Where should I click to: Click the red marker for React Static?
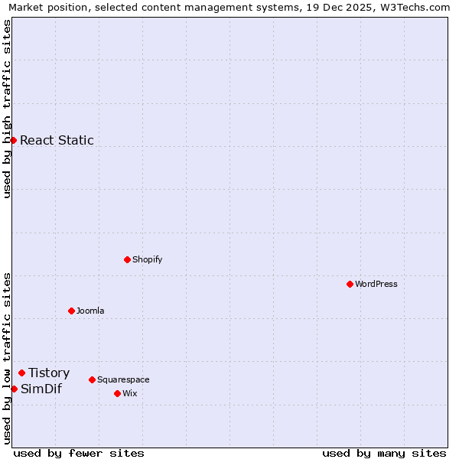coord(13,140)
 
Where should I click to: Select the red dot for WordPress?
coord(350,284)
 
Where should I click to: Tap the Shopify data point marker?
coord(127,259)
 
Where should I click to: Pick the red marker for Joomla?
coord(71,311)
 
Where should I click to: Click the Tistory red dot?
coord(21,373)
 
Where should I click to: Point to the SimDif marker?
coord(14,389)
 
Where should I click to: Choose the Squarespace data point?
coord(92,379)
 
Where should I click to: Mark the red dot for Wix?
coord(117,393)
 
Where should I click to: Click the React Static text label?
coord(57,140)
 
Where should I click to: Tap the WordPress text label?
coord(376,284)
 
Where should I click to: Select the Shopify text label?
coord(147,259)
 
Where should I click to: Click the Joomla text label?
coord(90,311)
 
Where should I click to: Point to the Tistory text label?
coord(49,373)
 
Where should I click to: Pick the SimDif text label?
coord(41,389)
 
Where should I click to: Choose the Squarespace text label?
coord(123,379)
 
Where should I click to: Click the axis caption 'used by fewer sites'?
coord(79,453)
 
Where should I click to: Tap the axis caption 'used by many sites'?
coord(384,453)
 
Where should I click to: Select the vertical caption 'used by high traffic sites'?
coord(7,109)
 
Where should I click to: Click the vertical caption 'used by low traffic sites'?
coord(7,357)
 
